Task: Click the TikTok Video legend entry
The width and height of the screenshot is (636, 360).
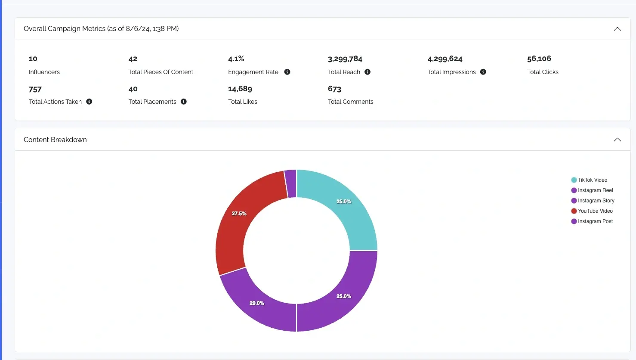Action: tap(592, 180)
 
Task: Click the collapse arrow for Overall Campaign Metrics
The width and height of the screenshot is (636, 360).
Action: tap(617, 29)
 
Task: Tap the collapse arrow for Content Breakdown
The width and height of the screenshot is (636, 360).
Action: tap(617, 140)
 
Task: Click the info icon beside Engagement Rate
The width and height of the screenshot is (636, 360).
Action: tap(287, 72)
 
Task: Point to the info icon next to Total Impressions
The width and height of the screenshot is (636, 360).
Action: tap(483, 72)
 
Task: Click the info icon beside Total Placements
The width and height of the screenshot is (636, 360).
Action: tap(183, 102)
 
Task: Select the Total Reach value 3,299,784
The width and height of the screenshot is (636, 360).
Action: tap(345, 59)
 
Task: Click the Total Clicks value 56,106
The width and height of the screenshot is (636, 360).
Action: tap(539, 59)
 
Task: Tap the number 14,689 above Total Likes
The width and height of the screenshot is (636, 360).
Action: tap(240, 89)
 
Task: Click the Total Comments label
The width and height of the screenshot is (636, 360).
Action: tap(350, 102)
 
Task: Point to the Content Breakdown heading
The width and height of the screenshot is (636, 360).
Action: tap(55, 140)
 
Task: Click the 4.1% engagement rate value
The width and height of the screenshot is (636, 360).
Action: tap(236, 59)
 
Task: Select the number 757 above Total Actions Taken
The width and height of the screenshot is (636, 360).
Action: tap(35, 90)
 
